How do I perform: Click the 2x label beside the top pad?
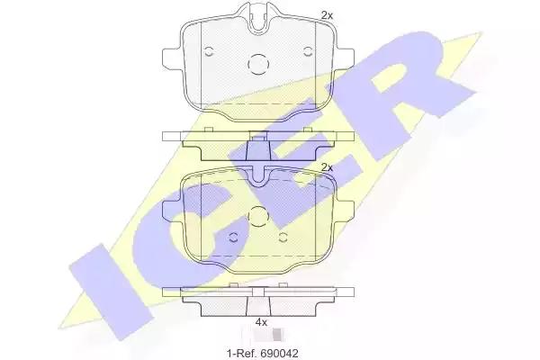click(327, 15)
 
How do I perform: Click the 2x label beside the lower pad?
click(327, 167)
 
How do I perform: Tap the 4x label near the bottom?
click(261, 322)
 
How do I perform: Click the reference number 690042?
click(279, 353)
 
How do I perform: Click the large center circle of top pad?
click(258, 65)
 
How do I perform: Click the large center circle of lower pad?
click(258, 217)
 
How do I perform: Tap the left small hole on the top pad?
click(209, 51)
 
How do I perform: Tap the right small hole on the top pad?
click(308, 51)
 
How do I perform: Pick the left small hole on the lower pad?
click(233, 237)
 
